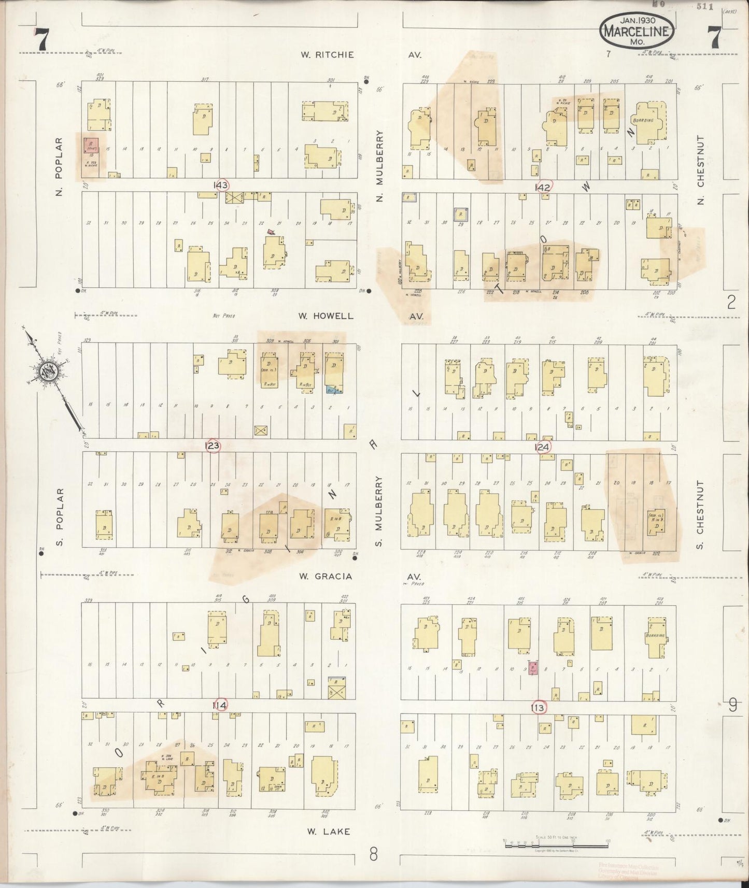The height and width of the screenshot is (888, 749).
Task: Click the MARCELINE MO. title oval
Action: pyautogui.click(x=637, y=32)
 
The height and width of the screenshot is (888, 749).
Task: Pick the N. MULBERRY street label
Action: pyautogui.click(x=379, y=166)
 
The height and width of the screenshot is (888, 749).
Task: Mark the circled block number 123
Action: pyautogui.click(x=213, y=446)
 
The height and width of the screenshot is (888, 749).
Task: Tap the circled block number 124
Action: pyautogui.click(x=543, y=446)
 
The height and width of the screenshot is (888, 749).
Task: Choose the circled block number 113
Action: pyautogui.click(x=539, y=707)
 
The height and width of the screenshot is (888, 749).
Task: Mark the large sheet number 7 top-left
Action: pyautogui.click(x=41, y=40)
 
